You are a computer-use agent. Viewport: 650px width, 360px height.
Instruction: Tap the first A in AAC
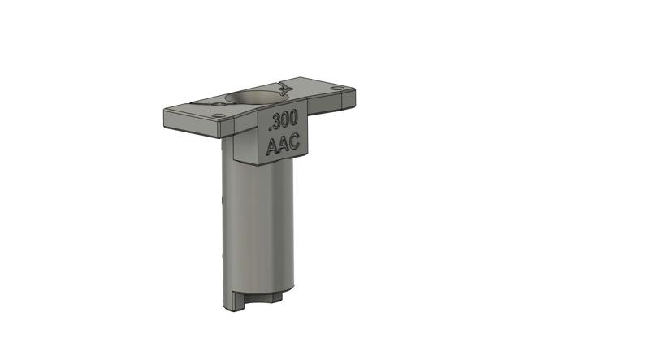tap(272, 146)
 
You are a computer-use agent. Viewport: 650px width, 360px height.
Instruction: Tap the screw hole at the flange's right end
tap(334, 86)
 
